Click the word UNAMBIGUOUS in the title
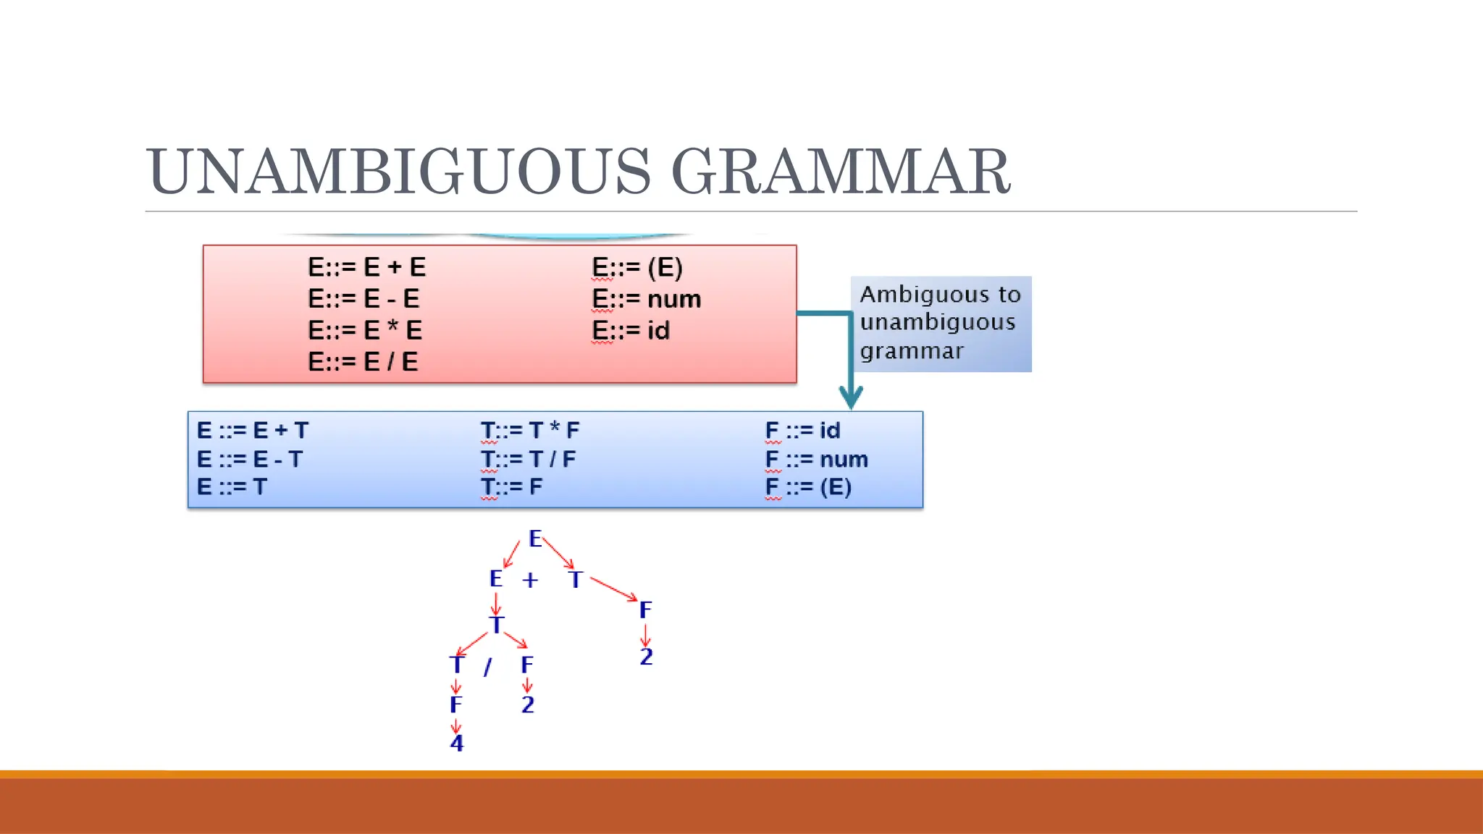click(398, 172)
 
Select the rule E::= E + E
click(366, 267)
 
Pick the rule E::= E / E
click(363, 361)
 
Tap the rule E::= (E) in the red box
click(637, 267)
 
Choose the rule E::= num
click(647, 299)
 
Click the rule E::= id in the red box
click(631, 331)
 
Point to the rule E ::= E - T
click(249, 459)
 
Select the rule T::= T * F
click(530, 430)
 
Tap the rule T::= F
click(511, 486)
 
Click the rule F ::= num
click(816, 459)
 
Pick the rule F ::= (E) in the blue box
click(808, 486)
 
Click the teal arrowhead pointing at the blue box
click(851, 397)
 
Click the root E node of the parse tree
click(535, 539)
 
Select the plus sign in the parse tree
click(530, 580)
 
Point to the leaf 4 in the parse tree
click(456, 743)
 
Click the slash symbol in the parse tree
click(488, 666)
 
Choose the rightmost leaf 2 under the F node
click(646, 657)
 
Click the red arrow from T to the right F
click(614, 589)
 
